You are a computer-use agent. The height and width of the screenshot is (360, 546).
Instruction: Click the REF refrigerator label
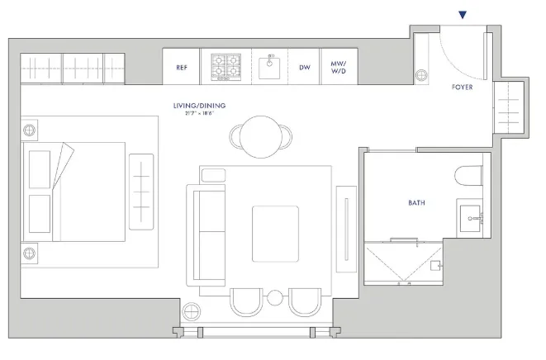pos(182,68)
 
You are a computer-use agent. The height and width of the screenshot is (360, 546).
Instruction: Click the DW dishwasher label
pos(305,68)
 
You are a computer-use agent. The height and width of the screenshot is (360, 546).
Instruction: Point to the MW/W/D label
pos(339,67)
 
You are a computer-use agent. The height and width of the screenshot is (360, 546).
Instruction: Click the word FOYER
pos(462,87)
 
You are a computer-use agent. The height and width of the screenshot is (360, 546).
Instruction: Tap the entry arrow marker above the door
pos(463,13)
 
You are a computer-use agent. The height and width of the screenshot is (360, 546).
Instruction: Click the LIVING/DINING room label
pos(198,106)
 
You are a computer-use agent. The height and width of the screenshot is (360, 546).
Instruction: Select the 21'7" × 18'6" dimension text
pos(198,113)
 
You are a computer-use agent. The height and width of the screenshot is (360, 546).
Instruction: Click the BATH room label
pos(416,201)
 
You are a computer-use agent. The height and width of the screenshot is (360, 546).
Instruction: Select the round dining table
pos(261,133)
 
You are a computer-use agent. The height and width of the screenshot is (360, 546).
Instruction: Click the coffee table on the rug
pos(274,234)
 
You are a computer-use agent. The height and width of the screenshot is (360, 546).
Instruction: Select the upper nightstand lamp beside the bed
pos(31,130)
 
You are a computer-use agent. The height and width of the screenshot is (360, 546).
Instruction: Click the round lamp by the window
pos(192,311)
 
